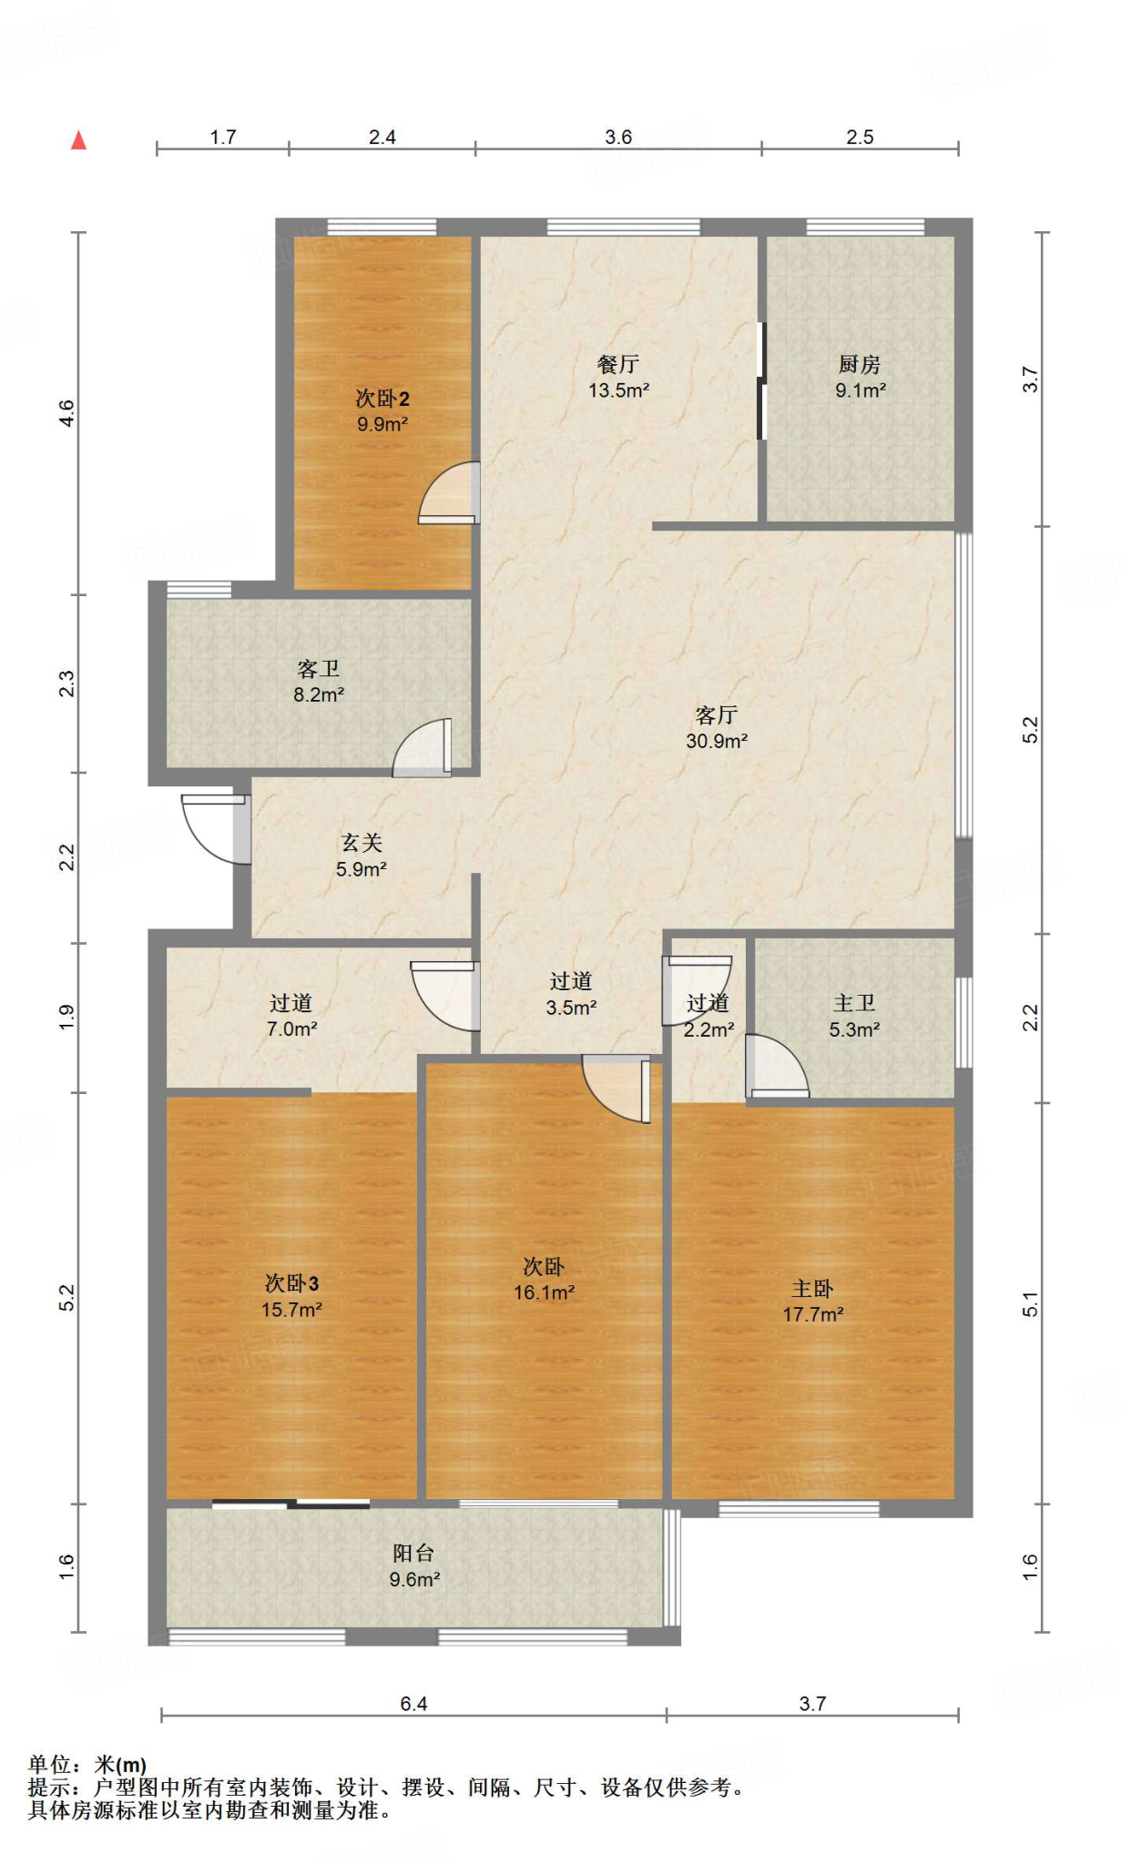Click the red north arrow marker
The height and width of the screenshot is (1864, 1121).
click(79, 140)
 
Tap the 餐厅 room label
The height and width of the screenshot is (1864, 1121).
click(618, 365)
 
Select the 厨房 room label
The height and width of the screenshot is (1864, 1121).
click(860, 365)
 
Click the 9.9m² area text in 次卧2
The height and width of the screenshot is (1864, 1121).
click(382, 424)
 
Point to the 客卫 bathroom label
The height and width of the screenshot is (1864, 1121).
click(319, 670)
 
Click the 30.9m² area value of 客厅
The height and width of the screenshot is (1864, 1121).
click(717, 741)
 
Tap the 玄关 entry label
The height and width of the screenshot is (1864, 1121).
click(362, 844)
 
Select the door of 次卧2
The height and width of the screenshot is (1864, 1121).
click(449, 492)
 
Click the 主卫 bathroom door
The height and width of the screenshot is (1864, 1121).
click(777, 1066)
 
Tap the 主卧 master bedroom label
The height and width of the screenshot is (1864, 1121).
click(812, 1289)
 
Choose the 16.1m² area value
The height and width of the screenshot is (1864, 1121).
click(544, 1292)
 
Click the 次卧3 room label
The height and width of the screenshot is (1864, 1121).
click(292, 1283)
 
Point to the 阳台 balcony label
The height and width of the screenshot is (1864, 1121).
click(413, 1553)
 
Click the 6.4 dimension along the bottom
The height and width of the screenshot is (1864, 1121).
click(413, 1704)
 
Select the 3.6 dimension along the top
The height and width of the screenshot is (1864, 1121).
click(618, 137)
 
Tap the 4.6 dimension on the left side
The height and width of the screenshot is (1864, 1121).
click(66, 413)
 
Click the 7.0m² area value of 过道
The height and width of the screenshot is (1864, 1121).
click(291, 1029)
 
